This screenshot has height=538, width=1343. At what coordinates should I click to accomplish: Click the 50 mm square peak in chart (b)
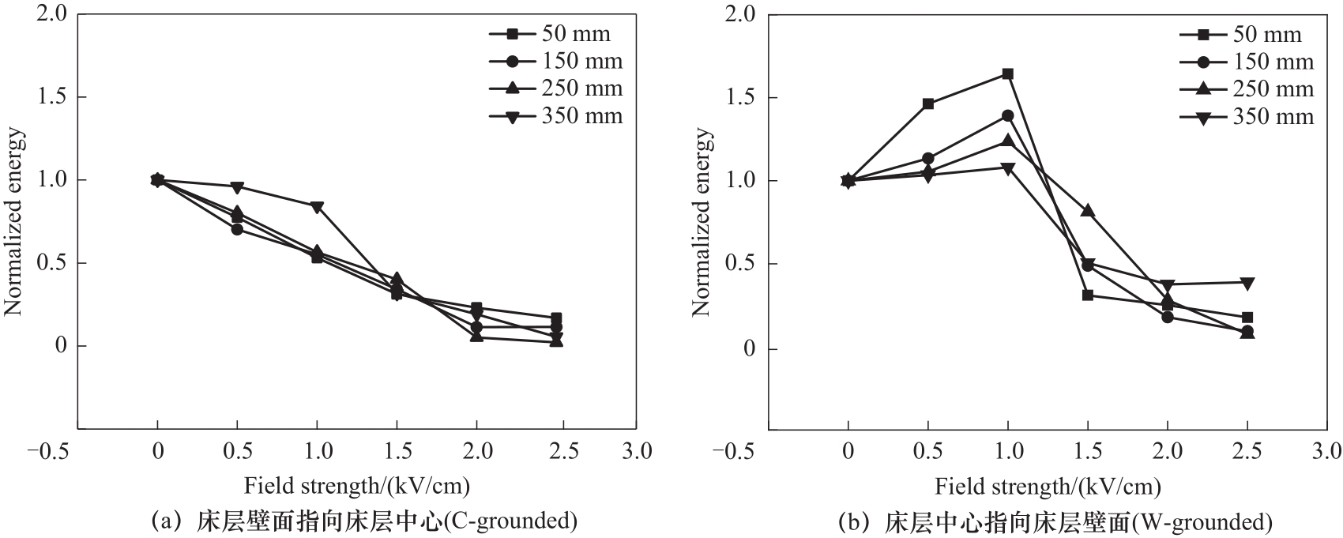[x=1007, y=73]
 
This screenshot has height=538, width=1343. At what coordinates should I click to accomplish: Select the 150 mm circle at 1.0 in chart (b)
[x=1007, y=115]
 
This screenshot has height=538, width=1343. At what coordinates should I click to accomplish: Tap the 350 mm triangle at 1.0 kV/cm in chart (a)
[x=317, y=207]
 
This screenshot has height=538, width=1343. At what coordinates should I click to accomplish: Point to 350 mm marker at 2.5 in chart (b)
[x=1247, y=283]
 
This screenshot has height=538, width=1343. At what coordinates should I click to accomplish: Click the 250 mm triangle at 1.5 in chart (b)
[x=1088, y=211]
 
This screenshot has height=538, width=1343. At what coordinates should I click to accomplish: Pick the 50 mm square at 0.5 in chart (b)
[x=928, y=103]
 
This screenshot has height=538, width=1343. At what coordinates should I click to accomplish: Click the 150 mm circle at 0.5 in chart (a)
[x=237, y=229]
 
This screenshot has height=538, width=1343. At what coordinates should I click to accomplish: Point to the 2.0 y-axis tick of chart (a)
[x=51, y=14]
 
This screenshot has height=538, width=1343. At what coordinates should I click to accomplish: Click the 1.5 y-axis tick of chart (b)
[x=740, y=98]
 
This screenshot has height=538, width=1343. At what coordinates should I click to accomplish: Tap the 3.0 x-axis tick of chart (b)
[x=1327, y=452]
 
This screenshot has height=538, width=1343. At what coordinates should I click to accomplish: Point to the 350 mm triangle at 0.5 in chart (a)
[x=237, y=187]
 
